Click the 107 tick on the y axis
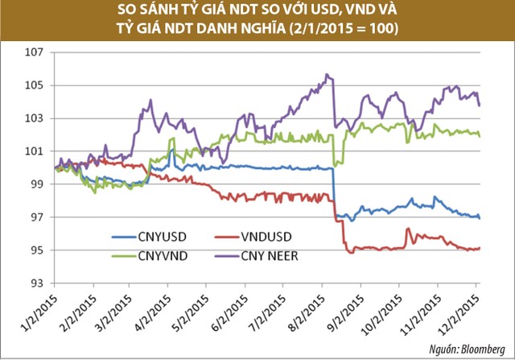click(35, 53)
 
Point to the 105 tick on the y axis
click(35, 86)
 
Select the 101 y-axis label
click(35, 151)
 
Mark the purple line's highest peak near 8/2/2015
click(327, 75)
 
